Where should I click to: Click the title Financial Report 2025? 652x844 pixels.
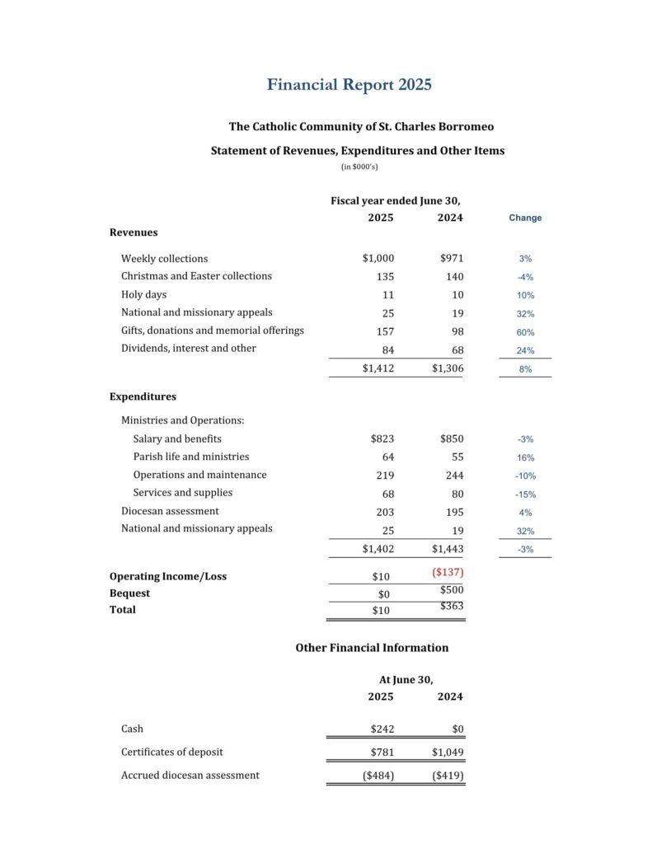(x=349, y=85)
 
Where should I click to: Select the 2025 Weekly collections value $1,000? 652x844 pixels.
(x=378, y=259)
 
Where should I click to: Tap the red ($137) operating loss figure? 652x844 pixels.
(x=448, y=572)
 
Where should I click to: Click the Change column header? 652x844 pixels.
(x=525, y=218)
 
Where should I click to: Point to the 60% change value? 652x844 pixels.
(x=525, y=332)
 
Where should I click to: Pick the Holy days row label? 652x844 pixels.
(x=143, y=294)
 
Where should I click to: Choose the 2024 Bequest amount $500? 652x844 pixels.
(x=452, y=589)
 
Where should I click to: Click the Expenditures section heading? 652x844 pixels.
(x=143, y=396)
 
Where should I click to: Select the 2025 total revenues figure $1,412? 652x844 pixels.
(x=378, y=368)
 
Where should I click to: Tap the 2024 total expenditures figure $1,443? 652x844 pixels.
(x=448, y=548)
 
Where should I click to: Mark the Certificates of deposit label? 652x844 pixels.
(x=171, y=752)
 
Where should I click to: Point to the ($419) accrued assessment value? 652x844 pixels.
(x=448, y=776)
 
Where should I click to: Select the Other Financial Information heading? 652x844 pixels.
(x=372, y=648)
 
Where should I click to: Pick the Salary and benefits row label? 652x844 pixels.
(x=177, y=438)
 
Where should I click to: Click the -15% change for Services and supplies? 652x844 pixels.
(x=525, y=495)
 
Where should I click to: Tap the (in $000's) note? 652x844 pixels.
(x=359, y=167)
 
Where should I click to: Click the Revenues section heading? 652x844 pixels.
(x=134, y=232)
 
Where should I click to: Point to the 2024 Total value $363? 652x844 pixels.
(x=452, y=606)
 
